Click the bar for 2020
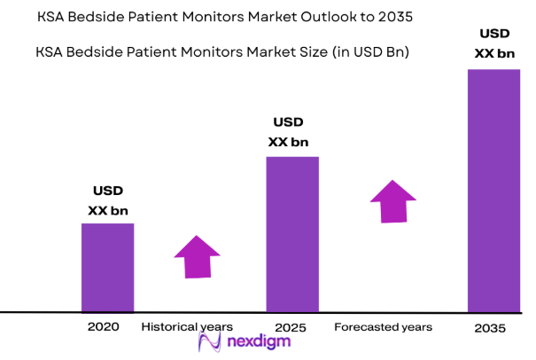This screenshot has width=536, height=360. [108, 267]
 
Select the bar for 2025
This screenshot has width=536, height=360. [292, 234]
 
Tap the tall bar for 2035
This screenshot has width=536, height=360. [493, 190]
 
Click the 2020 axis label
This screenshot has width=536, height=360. [104, 327]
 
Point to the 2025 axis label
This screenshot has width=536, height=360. [291, 328]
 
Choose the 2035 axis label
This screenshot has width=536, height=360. [489, 328]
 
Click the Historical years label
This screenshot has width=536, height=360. [187, 327]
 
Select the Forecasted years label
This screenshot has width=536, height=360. [384, 327]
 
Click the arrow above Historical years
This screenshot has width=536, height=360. [196, 257]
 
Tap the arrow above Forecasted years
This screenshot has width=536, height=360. [391, 201]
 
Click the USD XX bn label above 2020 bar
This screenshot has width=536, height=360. [108, 200]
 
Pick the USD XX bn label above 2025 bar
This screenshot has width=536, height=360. [289, 132]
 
